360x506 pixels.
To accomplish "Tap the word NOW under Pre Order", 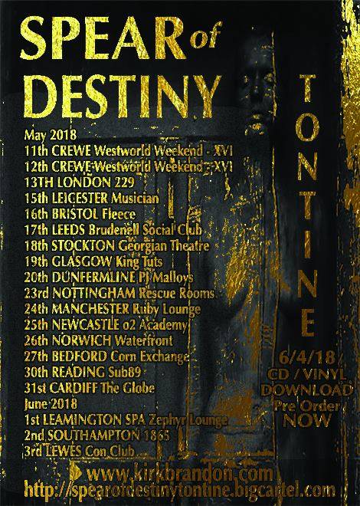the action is point(315,419).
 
